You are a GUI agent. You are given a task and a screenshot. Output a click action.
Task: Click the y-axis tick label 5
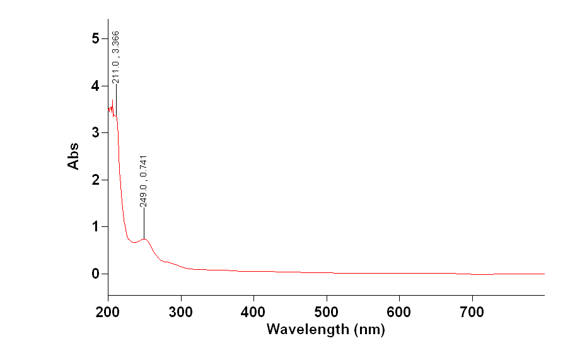[x=95, y=38]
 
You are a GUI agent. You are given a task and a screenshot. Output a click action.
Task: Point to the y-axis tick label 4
[x=95, y=86]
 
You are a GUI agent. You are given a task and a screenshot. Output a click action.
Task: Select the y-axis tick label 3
[x=95, y=133]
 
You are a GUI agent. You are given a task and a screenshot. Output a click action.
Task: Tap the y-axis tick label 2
[x=95, y=180]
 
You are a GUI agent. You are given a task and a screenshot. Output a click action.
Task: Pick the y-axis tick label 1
[x=95, y=227]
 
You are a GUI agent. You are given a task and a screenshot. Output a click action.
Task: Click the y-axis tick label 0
[x=95, y=274]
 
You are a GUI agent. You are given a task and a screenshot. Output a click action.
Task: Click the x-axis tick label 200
[x=108, y=311]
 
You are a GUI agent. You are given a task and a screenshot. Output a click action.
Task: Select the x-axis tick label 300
[x=181, y=311]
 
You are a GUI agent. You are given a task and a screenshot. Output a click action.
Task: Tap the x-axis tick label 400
[x=253, y=311]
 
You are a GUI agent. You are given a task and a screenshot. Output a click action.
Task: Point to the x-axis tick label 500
[x=326, y=311]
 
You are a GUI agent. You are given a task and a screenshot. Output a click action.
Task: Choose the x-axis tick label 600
[x=399, y=311]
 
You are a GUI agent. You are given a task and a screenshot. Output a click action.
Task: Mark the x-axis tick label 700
[x=472, y=311]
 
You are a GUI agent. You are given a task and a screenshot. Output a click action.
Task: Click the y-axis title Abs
[x=74, y=155]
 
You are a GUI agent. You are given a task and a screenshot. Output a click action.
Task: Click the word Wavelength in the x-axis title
[x=306, y=329]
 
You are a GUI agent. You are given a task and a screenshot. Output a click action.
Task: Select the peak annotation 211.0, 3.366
[x=116, y=57]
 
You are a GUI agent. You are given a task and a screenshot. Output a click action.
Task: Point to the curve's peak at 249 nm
[x=144, y=239]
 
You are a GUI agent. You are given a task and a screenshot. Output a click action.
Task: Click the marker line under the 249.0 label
[x=144, y=223]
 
